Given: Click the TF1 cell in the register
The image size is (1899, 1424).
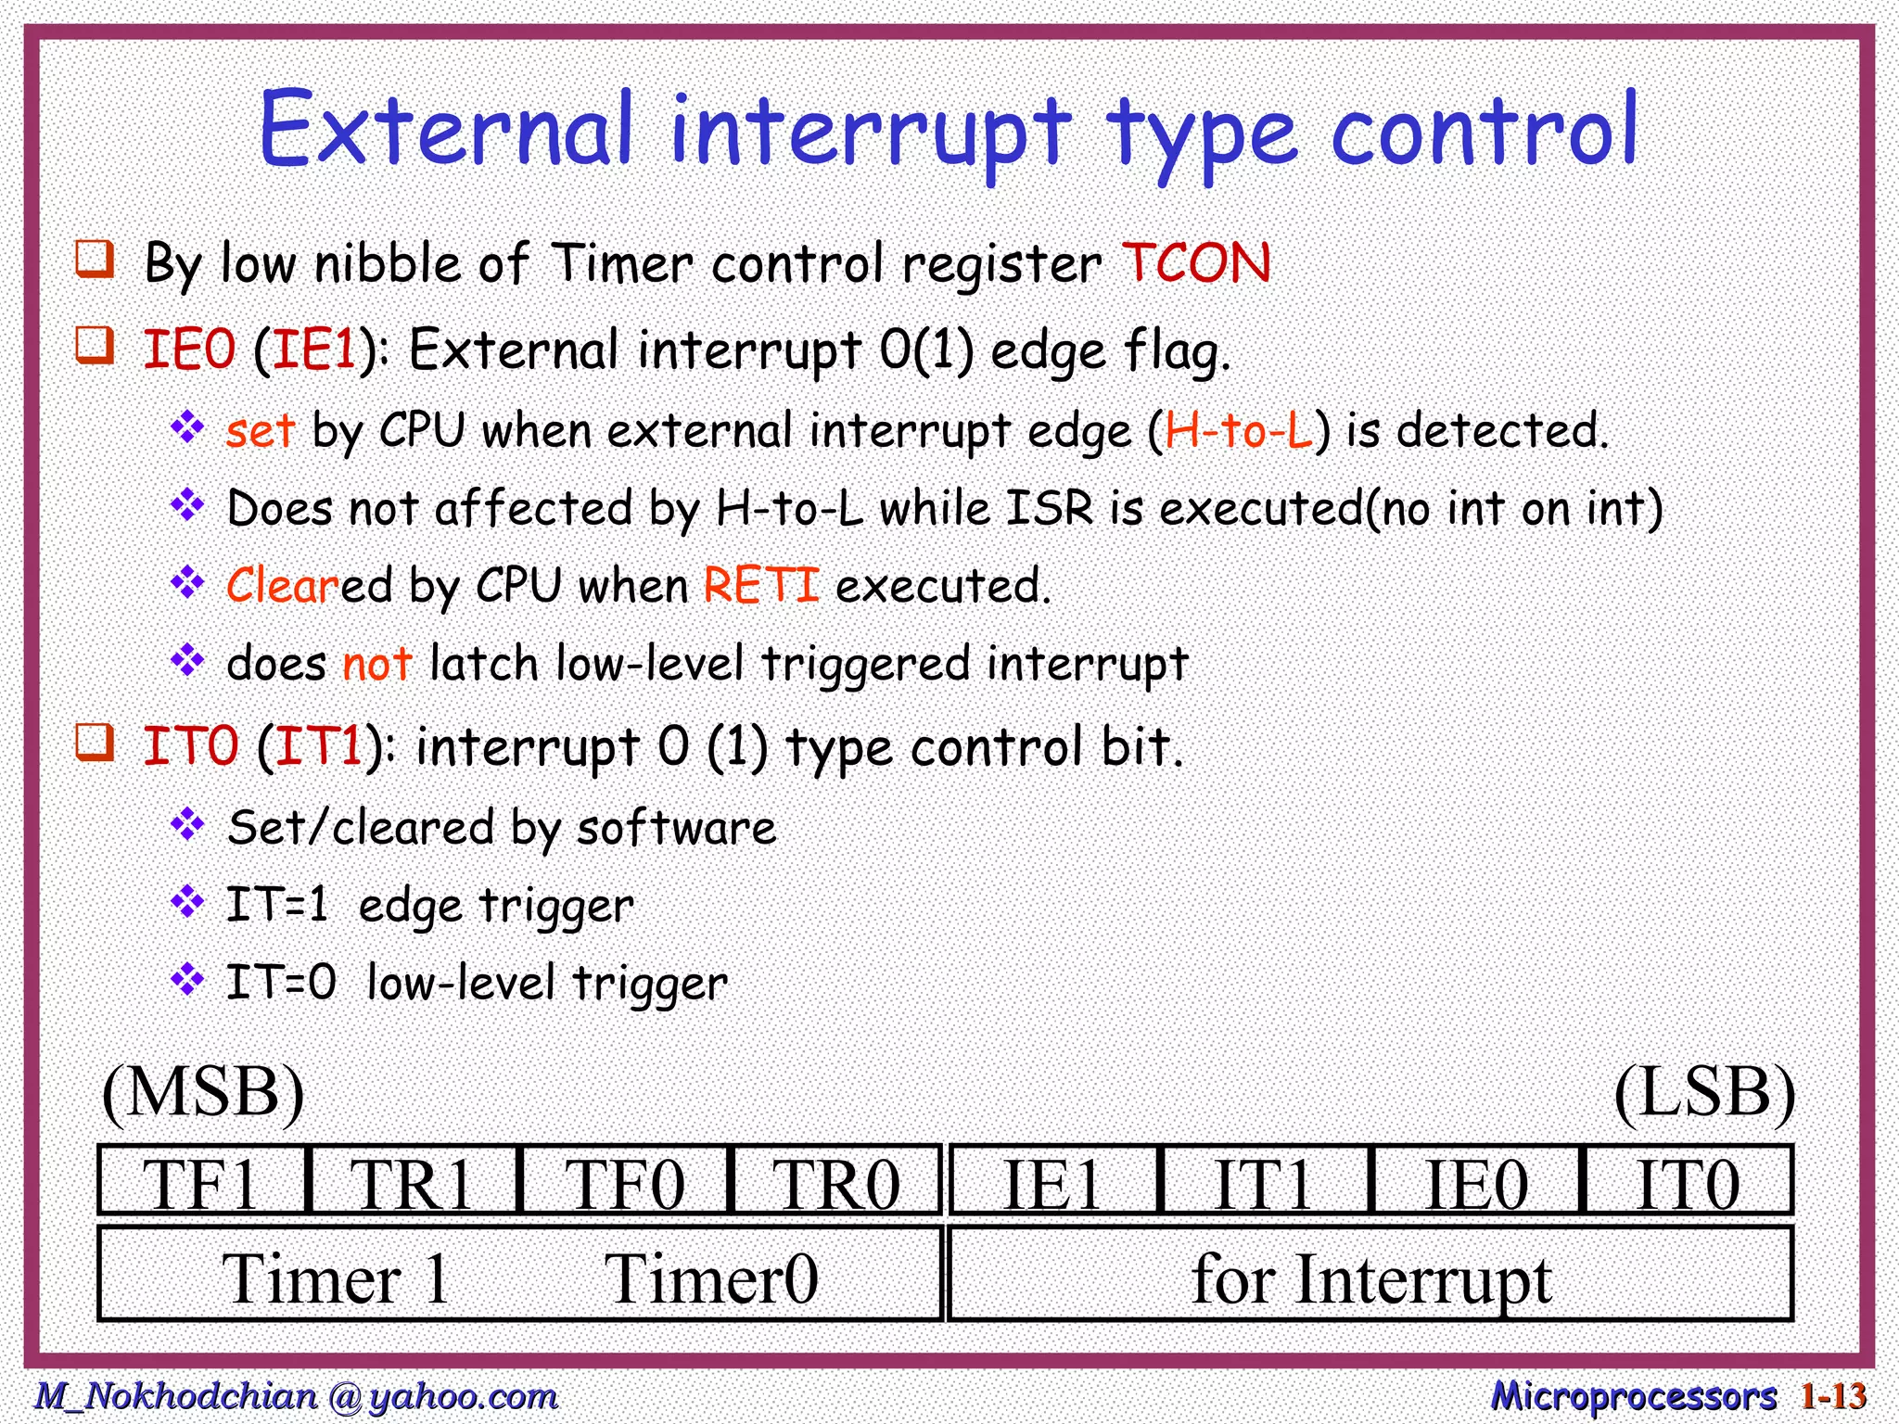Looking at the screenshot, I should [201, 1181].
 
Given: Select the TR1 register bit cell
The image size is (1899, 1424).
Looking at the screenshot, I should [413, 1181].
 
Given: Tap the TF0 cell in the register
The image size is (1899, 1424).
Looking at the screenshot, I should [626, 1181].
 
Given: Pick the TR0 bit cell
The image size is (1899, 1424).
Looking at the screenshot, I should [836, 1181].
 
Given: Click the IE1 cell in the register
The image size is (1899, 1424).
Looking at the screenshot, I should [1053, 1181].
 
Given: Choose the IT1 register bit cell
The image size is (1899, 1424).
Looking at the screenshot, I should [1264, 1181].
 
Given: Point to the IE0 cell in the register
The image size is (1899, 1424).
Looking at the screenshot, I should [1476, 1181].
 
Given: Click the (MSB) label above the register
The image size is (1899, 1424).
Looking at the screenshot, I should [203, 1093].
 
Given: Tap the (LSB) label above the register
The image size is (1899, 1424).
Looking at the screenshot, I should [1704, 1093].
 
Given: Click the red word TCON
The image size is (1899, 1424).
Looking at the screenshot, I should [1196, 263].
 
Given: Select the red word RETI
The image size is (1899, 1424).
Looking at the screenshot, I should [761, 585].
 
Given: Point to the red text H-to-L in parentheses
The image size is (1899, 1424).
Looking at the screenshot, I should [1239, 431].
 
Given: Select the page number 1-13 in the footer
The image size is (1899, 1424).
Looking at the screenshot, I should [1832, 1395].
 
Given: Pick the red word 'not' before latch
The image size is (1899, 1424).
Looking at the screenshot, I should [376, 664].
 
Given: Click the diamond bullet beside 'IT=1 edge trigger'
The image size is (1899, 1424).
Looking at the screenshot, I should [188, 900].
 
